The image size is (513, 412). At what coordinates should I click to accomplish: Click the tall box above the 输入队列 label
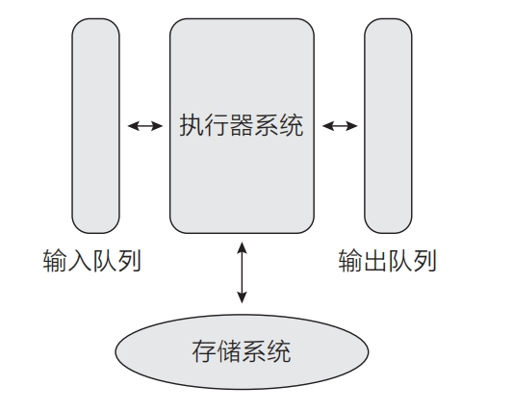(95, 126)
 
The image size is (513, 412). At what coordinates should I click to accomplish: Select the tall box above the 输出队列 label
(388, 126)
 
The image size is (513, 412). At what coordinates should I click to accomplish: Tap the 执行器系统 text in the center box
(242, 125)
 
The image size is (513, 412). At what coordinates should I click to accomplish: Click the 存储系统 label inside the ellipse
(242, 351)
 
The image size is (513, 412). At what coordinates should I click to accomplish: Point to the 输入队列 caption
(92, 261)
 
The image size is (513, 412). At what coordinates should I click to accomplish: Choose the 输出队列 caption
(387, 261)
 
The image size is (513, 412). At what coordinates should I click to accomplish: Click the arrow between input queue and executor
(145, 126)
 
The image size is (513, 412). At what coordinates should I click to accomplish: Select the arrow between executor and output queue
(340, 126)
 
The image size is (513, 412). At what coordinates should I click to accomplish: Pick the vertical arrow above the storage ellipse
(242, 272)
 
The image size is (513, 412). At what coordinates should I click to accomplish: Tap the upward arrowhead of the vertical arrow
(242, 246)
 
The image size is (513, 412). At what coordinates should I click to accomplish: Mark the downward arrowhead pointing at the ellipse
(242, 297)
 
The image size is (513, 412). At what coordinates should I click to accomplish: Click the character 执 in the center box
(192, 125)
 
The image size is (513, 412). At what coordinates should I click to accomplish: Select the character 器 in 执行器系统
(242, 125)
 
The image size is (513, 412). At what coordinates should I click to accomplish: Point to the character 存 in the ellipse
(204, 351)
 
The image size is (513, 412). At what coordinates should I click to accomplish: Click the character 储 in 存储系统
(229, 351)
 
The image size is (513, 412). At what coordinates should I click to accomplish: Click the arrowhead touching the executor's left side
(157, 126)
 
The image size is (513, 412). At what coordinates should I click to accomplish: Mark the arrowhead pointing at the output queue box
(352, 126)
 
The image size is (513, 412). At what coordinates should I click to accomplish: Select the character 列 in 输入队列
(129, 261)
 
